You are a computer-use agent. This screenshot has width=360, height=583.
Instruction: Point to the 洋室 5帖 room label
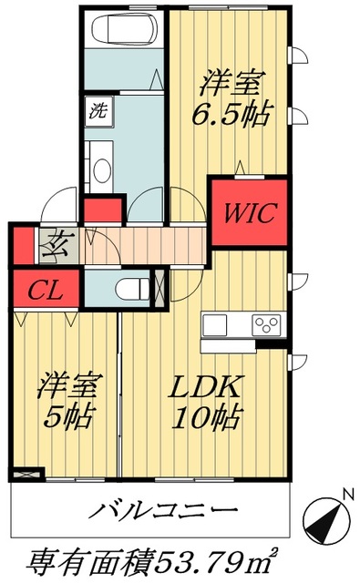tap(66, 401)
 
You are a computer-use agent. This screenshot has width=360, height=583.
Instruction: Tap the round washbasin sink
tap(100, 169)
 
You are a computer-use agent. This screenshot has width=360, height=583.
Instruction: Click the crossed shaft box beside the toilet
tap(161, 287)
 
